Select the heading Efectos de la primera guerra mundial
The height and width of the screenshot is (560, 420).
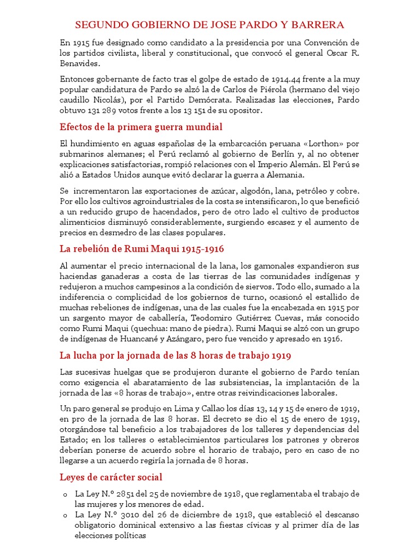pyautogui.click(x=141, y=127)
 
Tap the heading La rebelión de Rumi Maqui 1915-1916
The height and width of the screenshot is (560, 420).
pyautogui.click(x=142, y=249)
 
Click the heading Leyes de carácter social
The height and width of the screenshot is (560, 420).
pyautogui.click(x=111, y=477)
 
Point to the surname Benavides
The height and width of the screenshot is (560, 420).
pyautogui.click(x=78, y=63)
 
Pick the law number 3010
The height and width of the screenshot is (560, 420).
pyautogui.click(x=126, y=515)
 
